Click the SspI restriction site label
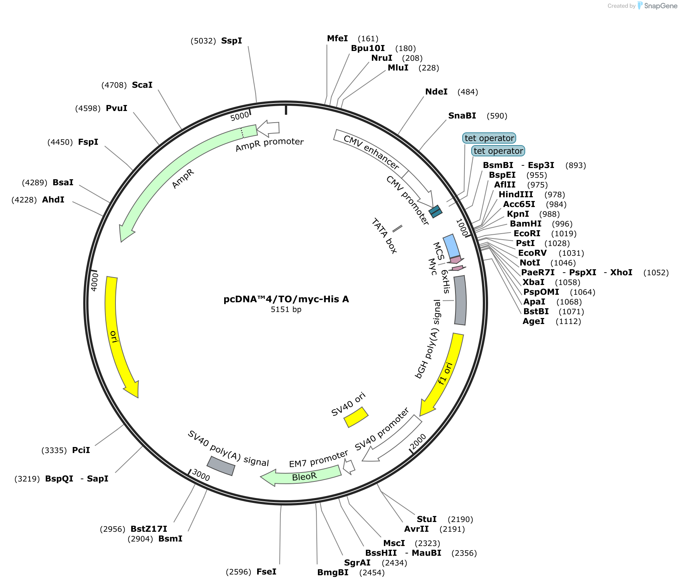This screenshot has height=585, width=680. pos(232,41)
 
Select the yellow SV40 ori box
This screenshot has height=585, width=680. pos(356,417)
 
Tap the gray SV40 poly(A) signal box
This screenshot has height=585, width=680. pos(221,466)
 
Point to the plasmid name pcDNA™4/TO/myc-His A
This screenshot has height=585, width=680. pos(286,299)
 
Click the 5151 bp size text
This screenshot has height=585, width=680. pos(286,310)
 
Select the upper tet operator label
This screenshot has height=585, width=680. pos(489,138)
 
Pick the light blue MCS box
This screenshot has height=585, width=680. pos(451,246)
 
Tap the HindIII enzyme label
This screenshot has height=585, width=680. pos(515,195)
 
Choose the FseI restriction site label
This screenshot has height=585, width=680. pos(267,572)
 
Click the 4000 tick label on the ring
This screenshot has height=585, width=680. pos(95,281)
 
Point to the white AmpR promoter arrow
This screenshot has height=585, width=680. pos(268,129)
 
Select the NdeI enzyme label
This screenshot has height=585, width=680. pos(436,92)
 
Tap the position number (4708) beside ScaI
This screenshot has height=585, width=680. pos(114,85)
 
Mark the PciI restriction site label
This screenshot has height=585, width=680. pos(81,450)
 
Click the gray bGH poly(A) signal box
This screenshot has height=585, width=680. pos(460,300)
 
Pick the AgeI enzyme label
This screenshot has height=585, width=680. pos(533,321)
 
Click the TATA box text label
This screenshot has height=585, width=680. pos(384,236)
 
